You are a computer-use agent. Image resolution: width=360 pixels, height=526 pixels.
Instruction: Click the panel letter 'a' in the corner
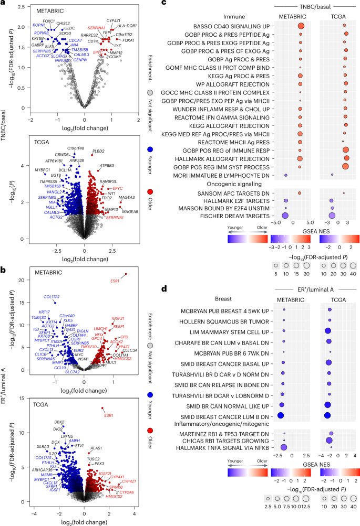coord(4,4)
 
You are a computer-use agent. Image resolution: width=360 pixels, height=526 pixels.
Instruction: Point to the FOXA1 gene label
coord(129,40)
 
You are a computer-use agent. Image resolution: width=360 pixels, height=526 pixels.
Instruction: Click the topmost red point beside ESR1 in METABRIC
coord(126,274)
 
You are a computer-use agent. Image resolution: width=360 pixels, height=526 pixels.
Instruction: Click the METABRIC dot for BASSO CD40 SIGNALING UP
coord(301,26)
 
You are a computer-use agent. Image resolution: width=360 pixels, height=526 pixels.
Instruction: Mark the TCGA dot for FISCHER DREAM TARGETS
coord(332,216)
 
